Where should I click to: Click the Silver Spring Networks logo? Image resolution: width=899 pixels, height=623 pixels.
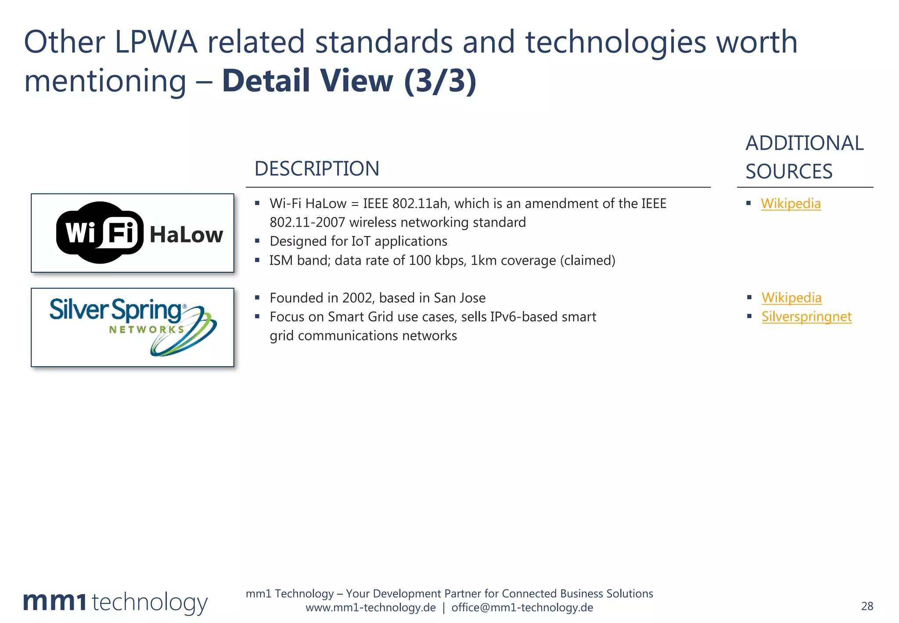[x=133, y=327]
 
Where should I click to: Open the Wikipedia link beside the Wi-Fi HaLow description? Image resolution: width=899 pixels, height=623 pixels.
[x=791, y=203]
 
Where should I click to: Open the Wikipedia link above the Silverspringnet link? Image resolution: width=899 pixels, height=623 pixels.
[x=791, y=297]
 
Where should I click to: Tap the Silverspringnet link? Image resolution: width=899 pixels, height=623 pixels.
[x=806, y=316]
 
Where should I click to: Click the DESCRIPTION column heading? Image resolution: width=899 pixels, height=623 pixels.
[x=316, y=169]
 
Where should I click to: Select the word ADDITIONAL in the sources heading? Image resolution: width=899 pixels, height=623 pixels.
[x=804, y=143]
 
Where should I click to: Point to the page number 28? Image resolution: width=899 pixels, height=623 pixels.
[x=867, y=606]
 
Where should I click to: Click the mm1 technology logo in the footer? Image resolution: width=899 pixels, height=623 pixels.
[x=115, y=602]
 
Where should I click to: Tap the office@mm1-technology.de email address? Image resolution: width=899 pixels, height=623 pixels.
[x=522, y=608]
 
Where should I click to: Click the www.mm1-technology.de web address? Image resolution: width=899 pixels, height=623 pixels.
[x=370, y=608]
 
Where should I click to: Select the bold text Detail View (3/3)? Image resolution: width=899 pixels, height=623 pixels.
[x=349, y=81]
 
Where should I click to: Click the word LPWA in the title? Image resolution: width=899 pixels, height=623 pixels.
[x=156, y=42]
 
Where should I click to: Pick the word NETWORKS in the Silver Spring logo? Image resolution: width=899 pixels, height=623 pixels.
[x=146, y=330]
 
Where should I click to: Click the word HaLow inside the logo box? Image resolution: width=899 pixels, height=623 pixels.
[x=186, y=235]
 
